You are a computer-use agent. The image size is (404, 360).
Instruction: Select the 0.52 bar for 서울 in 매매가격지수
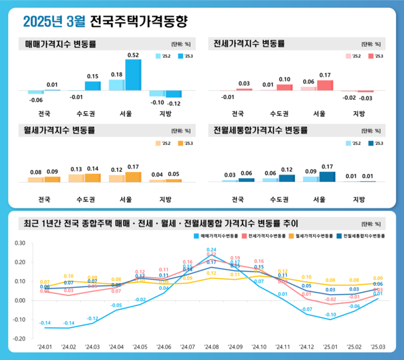(133, 75)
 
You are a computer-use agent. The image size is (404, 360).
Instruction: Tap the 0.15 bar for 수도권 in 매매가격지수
(93, 86)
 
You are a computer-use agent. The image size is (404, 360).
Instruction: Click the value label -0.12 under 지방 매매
(173, 103)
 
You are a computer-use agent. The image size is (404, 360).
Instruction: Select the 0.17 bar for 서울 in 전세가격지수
(325, 85)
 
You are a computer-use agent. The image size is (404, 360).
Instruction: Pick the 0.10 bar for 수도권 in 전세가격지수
(285, 87)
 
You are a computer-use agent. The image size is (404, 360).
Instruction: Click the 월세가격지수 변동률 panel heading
(60, 129)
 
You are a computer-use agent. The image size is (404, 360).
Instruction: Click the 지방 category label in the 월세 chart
(165, 200)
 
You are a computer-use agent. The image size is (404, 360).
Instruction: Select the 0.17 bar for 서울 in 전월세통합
(327, 177)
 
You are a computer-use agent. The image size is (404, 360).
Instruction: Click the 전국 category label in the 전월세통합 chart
(238, 200)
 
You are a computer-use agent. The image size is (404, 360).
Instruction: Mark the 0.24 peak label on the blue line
(211, 249)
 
